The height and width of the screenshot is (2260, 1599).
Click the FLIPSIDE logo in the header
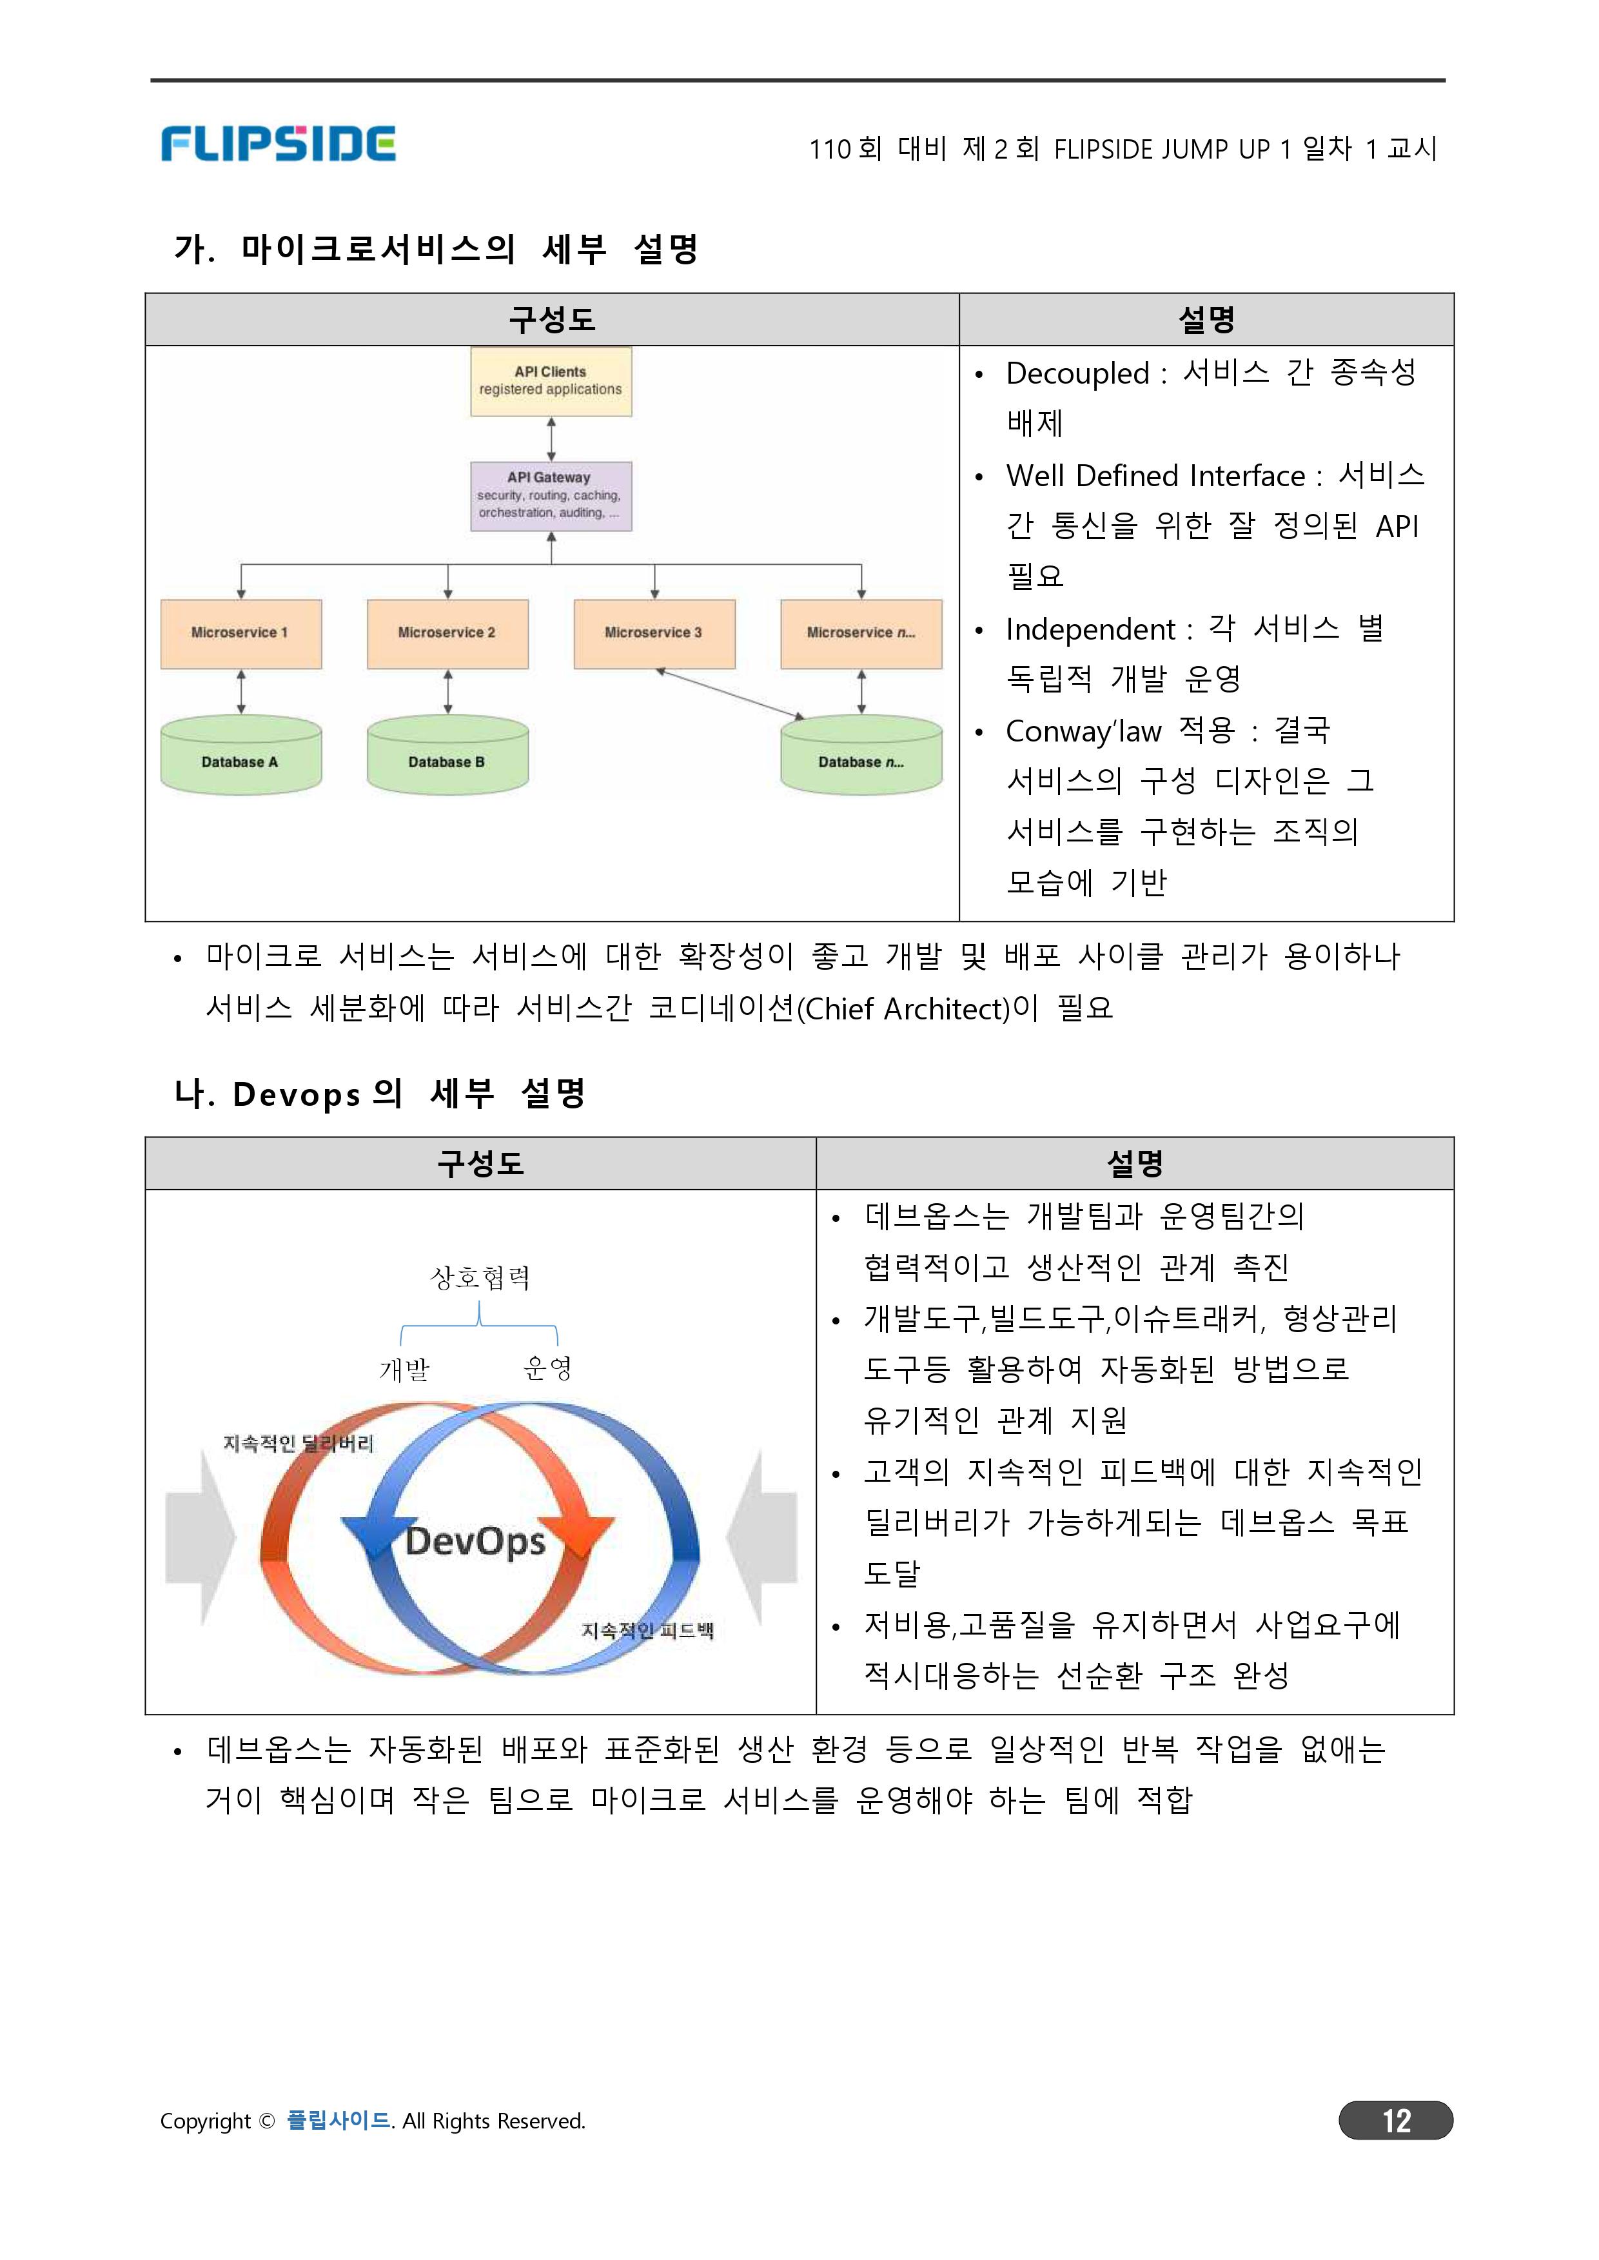(278, 144)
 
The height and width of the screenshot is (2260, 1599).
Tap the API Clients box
(551, 381)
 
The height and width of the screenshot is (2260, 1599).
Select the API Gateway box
(551, 495)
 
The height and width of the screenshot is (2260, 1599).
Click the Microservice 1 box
(241, 633)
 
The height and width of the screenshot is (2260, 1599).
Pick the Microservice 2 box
(447, 633)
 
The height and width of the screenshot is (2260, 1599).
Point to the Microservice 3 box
(654, 633)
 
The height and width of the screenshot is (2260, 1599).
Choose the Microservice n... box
(861, 633)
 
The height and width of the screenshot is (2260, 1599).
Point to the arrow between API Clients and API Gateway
(551, 439)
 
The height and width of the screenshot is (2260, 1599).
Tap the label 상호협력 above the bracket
(480, 1277)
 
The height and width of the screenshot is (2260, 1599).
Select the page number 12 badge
(1395, 2119)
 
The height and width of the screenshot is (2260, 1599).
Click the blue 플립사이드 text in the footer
(338, 2119)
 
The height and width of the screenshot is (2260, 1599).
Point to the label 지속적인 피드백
(647, 1630)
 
